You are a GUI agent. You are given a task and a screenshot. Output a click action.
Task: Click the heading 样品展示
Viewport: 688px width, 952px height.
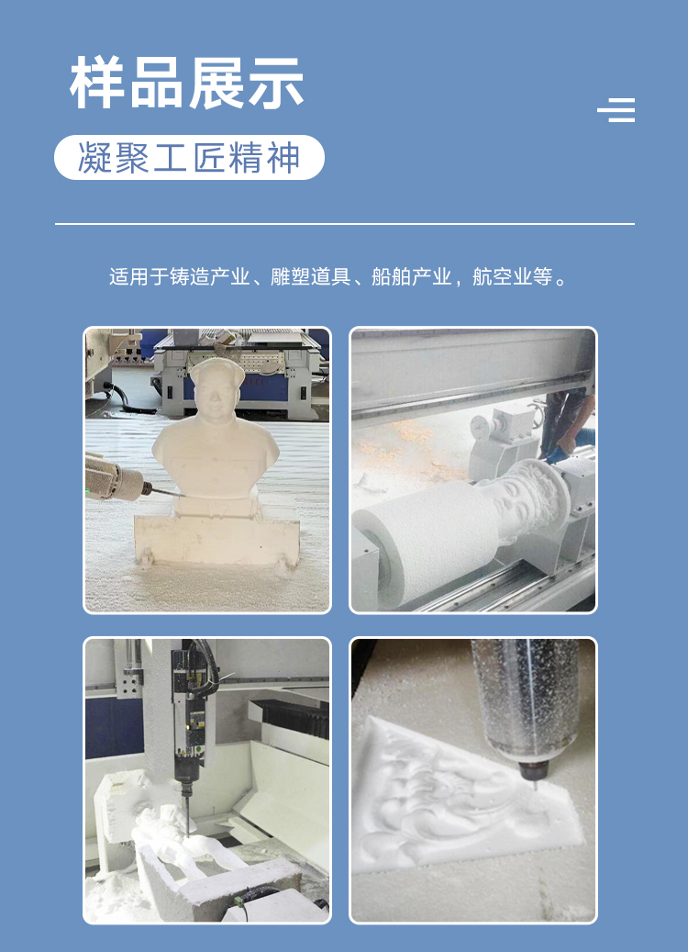(x=186, y=83)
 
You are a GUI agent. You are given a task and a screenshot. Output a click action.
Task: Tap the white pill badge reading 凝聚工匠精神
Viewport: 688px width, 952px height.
(x=189, y=157)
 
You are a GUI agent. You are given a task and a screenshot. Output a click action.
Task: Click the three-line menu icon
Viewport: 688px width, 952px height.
(x=616, y=110)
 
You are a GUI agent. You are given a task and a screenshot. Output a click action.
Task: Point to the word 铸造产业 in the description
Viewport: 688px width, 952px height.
(x=209, y=277)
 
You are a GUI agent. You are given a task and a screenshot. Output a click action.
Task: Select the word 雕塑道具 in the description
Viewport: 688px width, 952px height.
(x=310, y=277)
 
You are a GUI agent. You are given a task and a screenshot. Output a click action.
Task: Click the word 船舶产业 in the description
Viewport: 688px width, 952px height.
(x=411, y=277)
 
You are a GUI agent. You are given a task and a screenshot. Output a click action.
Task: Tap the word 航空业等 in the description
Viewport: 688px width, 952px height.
(x=512, y=277)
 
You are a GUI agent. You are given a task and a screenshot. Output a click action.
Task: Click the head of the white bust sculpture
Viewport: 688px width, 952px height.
(x=216, y=388)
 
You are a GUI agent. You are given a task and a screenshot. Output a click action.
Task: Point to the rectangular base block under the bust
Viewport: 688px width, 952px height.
(x=216, y=541)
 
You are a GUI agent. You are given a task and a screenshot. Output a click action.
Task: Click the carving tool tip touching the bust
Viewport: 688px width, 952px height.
(x=182, y=496)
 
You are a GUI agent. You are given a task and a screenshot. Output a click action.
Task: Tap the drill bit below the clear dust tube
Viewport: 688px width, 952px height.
(x=535, y=785)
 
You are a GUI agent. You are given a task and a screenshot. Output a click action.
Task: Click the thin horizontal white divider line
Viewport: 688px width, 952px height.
(x=345, y=224)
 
